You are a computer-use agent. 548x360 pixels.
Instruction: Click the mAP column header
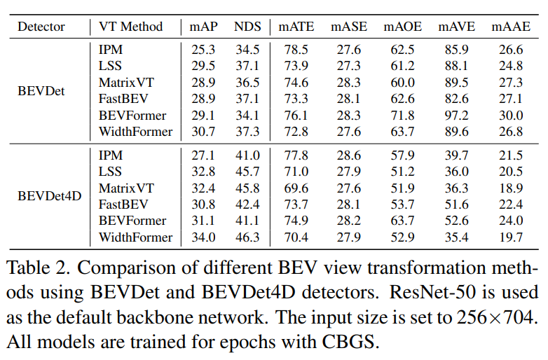tap(204, 27)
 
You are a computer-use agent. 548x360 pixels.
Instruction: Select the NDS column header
tap(247, 27)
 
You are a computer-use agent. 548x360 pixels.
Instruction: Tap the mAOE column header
tap(402, 27)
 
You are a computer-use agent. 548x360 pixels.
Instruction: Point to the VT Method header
tap(130, 27)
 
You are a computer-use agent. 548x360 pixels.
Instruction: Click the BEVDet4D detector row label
tap(50, 195)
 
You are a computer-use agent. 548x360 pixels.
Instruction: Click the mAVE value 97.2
tap(457, 116)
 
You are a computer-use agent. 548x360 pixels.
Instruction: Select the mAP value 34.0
tap(204, 237)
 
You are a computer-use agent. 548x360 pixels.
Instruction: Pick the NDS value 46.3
tap(247, 237)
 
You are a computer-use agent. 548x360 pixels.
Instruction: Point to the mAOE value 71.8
tap(402, 116)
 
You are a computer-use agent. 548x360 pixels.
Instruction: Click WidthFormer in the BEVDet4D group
tap(135, 237)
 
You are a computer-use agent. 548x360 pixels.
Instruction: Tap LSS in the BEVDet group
tap(110, 65)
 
